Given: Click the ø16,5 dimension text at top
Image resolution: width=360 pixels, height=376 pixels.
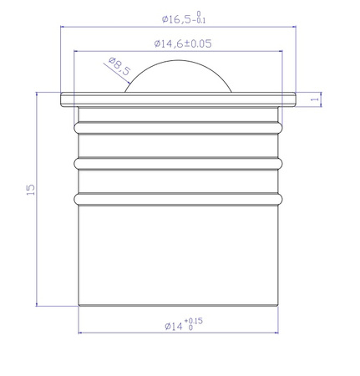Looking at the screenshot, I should point(180,18).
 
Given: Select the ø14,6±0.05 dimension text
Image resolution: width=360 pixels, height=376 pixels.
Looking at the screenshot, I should point(180,43).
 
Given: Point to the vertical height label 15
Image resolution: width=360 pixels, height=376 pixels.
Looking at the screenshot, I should point(31,191).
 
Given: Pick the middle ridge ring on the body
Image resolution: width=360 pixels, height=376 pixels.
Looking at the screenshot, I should point(179,162).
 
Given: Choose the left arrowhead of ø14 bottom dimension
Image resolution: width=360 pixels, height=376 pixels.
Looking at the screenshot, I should point(81,333).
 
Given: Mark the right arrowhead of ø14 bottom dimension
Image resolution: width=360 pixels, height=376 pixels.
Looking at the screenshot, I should point(276,333).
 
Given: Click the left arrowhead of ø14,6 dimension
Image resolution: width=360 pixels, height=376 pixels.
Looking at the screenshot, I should point(79,51).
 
